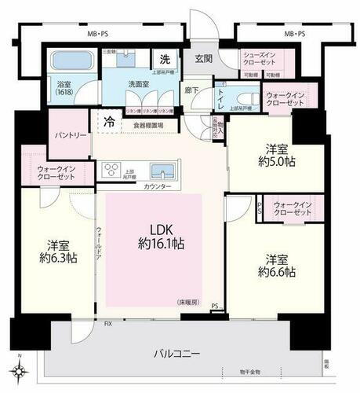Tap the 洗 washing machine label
coord(165,58)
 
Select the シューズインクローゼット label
coord(258,59)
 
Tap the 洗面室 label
coord(142,85)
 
